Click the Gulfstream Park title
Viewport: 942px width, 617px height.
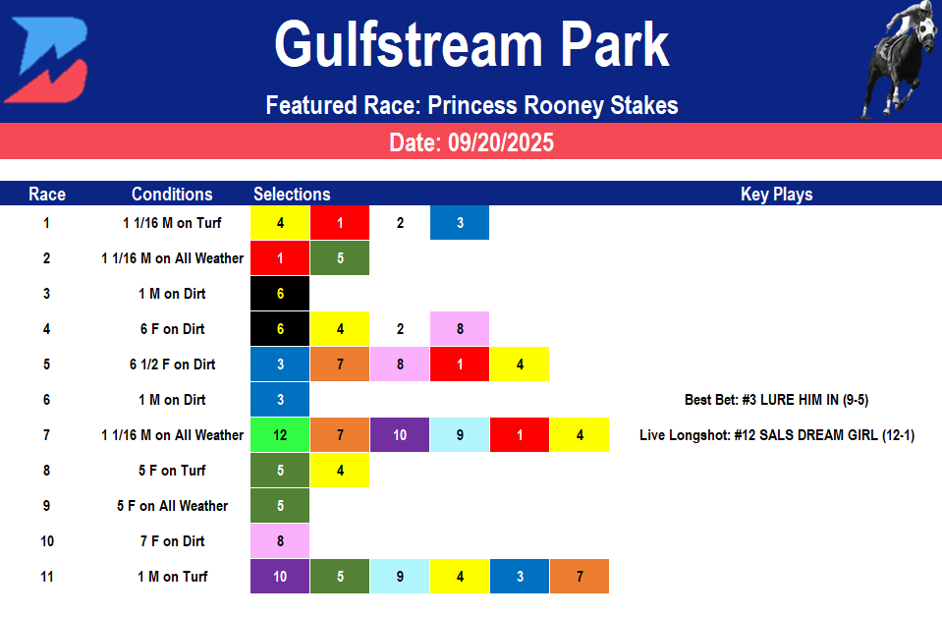coord(471,45)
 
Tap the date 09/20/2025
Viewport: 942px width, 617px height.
coord(471,142)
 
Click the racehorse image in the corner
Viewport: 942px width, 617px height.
coord(897,59)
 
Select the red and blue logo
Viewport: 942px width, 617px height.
coord(46,61)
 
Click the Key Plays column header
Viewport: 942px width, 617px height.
coord(776,195)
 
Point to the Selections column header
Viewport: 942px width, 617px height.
coord(292,195)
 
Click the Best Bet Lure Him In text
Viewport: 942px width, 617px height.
coord(776,400)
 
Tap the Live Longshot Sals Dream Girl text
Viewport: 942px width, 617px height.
coord(776,435)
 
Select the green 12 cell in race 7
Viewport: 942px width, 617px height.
coord(281,435)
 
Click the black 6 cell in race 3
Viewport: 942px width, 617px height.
coord(281,294)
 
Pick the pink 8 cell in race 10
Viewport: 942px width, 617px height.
coord(281,541)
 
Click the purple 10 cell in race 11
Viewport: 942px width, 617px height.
coord(281,577)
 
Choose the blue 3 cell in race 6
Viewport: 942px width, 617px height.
coord(281,400)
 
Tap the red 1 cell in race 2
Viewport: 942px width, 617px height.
coord(281,258)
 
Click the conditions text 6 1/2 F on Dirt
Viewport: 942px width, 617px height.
coord(172,365)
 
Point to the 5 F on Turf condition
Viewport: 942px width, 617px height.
coord(172,471)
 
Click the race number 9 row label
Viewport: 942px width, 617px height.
coord(46,506)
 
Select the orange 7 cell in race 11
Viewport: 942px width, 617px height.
coord(580,577)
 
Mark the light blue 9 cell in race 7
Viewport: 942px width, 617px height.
coord(460,435)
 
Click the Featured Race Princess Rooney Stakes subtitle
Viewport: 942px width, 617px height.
coord(471,105)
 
